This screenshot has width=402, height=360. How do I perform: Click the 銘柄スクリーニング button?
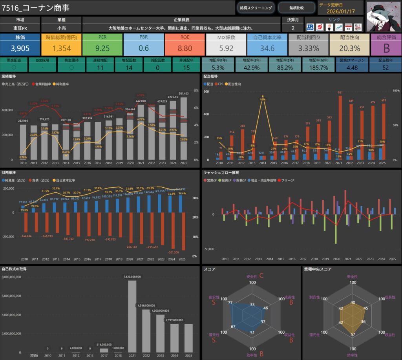click(x=256, y=7)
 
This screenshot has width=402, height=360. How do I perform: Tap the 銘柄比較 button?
click(x=296, y=7)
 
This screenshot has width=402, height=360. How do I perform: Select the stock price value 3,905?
click(x=20, y=49)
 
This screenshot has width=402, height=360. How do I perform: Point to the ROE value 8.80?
click(x=185, y=49)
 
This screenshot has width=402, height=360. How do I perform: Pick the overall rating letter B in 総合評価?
click(x=386, y=49)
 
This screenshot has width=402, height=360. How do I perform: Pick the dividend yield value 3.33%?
click(x=308, y=49)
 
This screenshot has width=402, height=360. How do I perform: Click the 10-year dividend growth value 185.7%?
click(x=318, y=68)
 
